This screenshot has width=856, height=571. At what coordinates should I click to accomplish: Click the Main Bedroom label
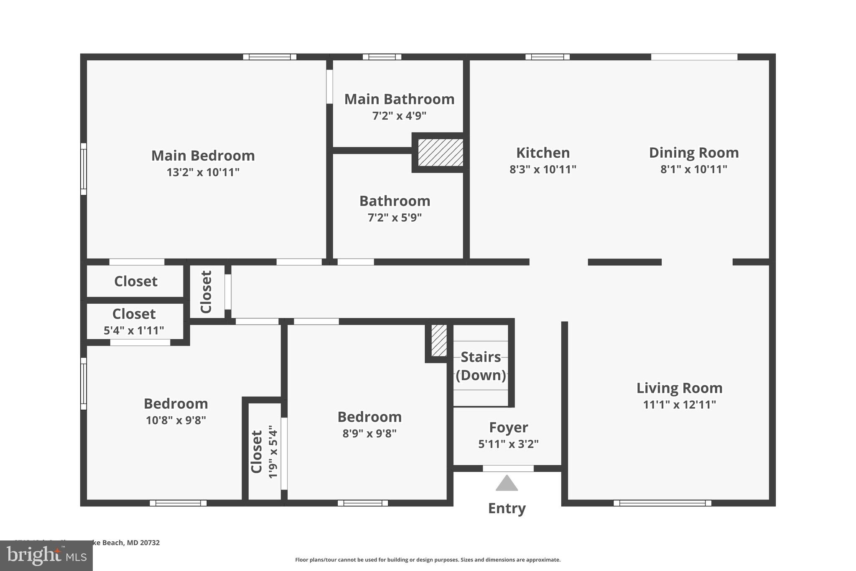tap(203, 156)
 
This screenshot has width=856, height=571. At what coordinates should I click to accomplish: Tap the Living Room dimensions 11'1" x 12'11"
tap(679, 405)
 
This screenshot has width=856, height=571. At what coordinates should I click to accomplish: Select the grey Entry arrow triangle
tap(507, 483)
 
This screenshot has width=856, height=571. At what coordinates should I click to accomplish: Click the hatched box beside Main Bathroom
tap(441, 152)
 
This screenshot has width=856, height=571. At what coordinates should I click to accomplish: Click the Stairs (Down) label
tap(481, 366)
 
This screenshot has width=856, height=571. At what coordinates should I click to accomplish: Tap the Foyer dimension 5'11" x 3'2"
tap(508, 444)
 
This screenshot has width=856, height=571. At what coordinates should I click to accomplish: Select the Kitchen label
tap(543, 153)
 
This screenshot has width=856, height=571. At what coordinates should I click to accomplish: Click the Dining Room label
tap(693, 153)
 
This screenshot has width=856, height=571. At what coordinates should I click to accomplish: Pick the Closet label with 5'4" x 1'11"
tap(134, 314)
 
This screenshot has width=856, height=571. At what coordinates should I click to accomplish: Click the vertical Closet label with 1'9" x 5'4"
tap(257, 452)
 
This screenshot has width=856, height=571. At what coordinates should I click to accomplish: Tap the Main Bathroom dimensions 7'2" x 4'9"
tap(399, 116)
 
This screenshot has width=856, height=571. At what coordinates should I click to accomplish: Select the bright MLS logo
tap(46, 556)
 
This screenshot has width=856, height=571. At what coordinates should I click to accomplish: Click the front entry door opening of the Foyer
tap(508, 469)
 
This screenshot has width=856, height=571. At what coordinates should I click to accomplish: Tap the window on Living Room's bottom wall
tap(662, 503)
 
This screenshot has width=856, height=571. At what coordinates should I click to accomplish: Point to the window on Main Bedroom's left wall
tap(84, 169)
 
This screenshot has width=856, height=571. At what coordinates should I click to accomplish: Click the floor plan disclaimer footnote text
tap(428, 560)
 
